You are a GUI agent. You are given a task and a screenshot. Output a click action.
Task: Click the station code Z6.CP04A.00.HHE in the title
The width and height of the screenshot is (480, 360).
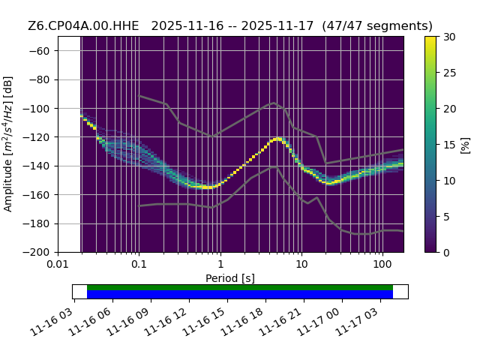[x=83, y=26]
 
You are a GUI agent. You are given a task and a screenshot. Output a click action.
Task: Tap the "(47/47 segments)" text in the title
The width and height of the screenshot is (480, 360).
[x=377, y=26]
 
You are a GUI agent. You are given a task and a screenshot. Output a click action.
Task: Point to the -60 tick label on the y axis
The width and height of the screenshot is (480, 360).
[x=39, y=51]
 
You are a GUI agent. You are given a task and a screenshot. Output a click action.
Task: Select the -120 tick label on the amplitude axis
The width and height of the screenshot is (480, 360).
[x=37, y=137]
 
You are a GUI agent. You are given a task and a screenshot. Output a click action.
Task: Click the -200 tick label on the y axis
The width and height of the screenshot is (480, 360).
[x=37, y=253]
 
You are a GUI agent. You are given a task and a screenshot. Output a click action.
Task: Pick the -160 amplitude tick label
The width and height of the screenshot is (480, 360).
[x=37, y=195]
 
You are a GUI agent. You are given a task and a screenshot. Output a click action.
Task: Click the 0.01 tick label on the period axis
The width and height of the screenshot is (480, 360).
[x=58, y=264]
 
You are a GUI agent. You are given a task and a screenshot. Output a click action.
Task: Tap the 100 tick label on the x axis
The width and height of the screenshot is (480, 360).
[x=382, y=264]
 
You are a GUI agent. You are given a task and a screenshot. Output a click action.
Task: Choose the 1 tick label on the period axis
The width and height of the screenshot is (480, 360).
[x=220, y=264]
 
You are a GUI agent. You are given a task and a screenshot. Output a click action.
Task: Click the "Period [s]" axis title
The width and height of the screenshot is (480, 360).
[x=230, y=278]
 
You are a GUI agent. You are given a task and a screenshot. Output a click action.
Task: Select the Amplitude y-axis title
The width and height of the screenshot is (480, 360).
[x=8, y=144]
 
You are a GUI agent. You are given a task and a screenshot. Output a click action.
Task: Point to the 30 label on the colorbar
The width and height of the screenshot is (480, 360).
[x=449, y=37]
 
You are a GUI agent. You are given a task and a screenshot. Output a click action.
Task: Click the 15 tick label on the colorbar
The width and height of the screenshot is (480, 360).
[x=449, y=145]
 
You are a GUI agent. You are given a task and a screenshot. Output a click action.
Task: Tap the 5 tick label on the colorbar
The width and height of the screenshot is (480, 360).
[x=446, y=217]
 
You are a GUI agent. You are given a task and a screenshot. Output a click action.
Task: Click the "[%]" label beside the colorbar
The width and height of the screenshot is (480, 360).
[x=465, y=145]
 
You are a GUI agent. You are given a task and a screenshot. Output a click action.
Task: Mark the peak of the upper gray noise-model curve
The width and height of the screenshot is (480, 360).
[x=274, y=103]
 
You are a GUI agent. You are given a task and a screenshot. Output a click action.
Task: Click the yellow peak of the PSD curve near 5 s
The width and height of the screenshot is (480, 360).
[x=278, y=139]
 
